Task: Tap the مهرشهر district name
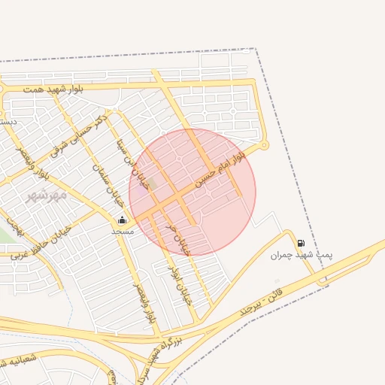pos(47,195)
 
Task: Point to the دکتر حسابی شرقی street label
pos(78,135)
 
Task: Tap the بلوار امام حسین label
pos(220,169)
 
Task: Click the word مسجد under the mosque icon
pos(122,231)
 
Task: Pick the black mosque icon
pos(122,220)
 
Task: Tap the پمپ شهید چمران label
pos(302,255)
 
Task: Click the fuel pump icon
pos(302,243)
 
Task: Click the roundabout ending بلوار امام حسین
pos(263,145)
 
